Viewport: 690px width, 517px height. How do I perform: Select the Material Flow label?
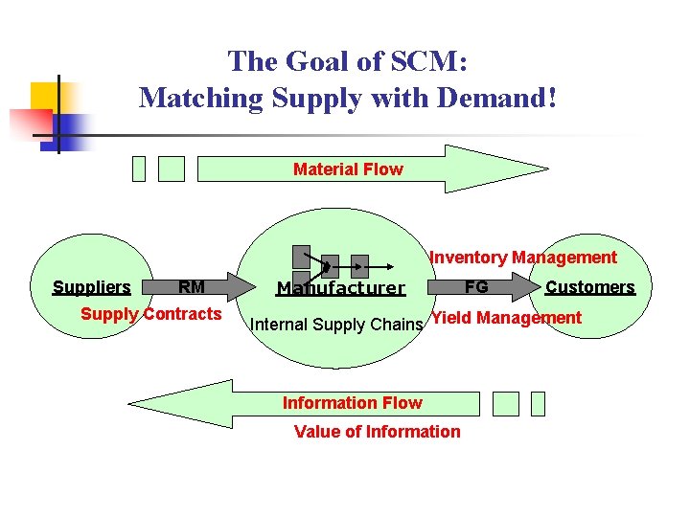[348, 169]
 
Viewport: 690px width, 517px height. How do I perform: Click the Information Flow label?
[352, 403]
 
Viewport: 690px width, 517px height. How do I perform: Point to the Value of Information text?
[377, 432]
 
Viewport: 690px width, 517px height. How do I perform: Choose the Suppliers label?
[91, 287]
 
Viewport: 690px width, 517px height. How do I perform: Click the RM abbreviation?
[192, 286]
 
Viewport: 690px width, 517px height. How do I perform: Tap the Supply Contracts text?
[150, 314]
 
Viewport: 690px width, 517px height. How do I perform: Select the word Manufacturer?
[341, 288]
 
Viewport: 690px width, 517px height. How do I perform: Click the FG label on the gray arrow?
[476, 286]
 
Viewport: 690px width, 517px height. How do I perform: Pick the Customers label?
[589, 287]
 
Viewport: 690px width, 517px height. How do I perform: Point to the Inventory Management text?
[523, 258]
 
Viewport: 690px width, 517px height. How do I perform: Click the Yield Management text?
[506, 318]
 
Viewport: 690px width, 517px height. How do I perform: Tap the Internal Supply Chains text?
[335, 325]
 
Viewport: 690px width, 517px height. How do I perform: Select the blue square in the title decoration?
[77, 126]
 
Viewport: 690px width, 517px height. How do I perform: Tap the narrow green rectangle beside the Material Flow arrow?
[139, 169]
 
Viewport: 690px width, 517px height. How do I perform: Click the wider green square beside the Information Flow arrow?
[505, 404]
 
